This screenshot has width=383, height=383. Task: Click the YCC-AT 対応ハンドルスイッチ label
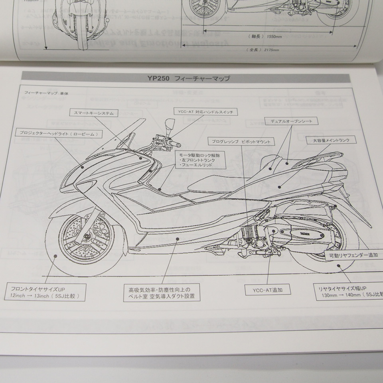click(x=206, y=111)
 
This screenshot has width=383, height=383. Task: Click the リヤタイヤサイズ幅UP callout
click(x=347, y=292)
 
